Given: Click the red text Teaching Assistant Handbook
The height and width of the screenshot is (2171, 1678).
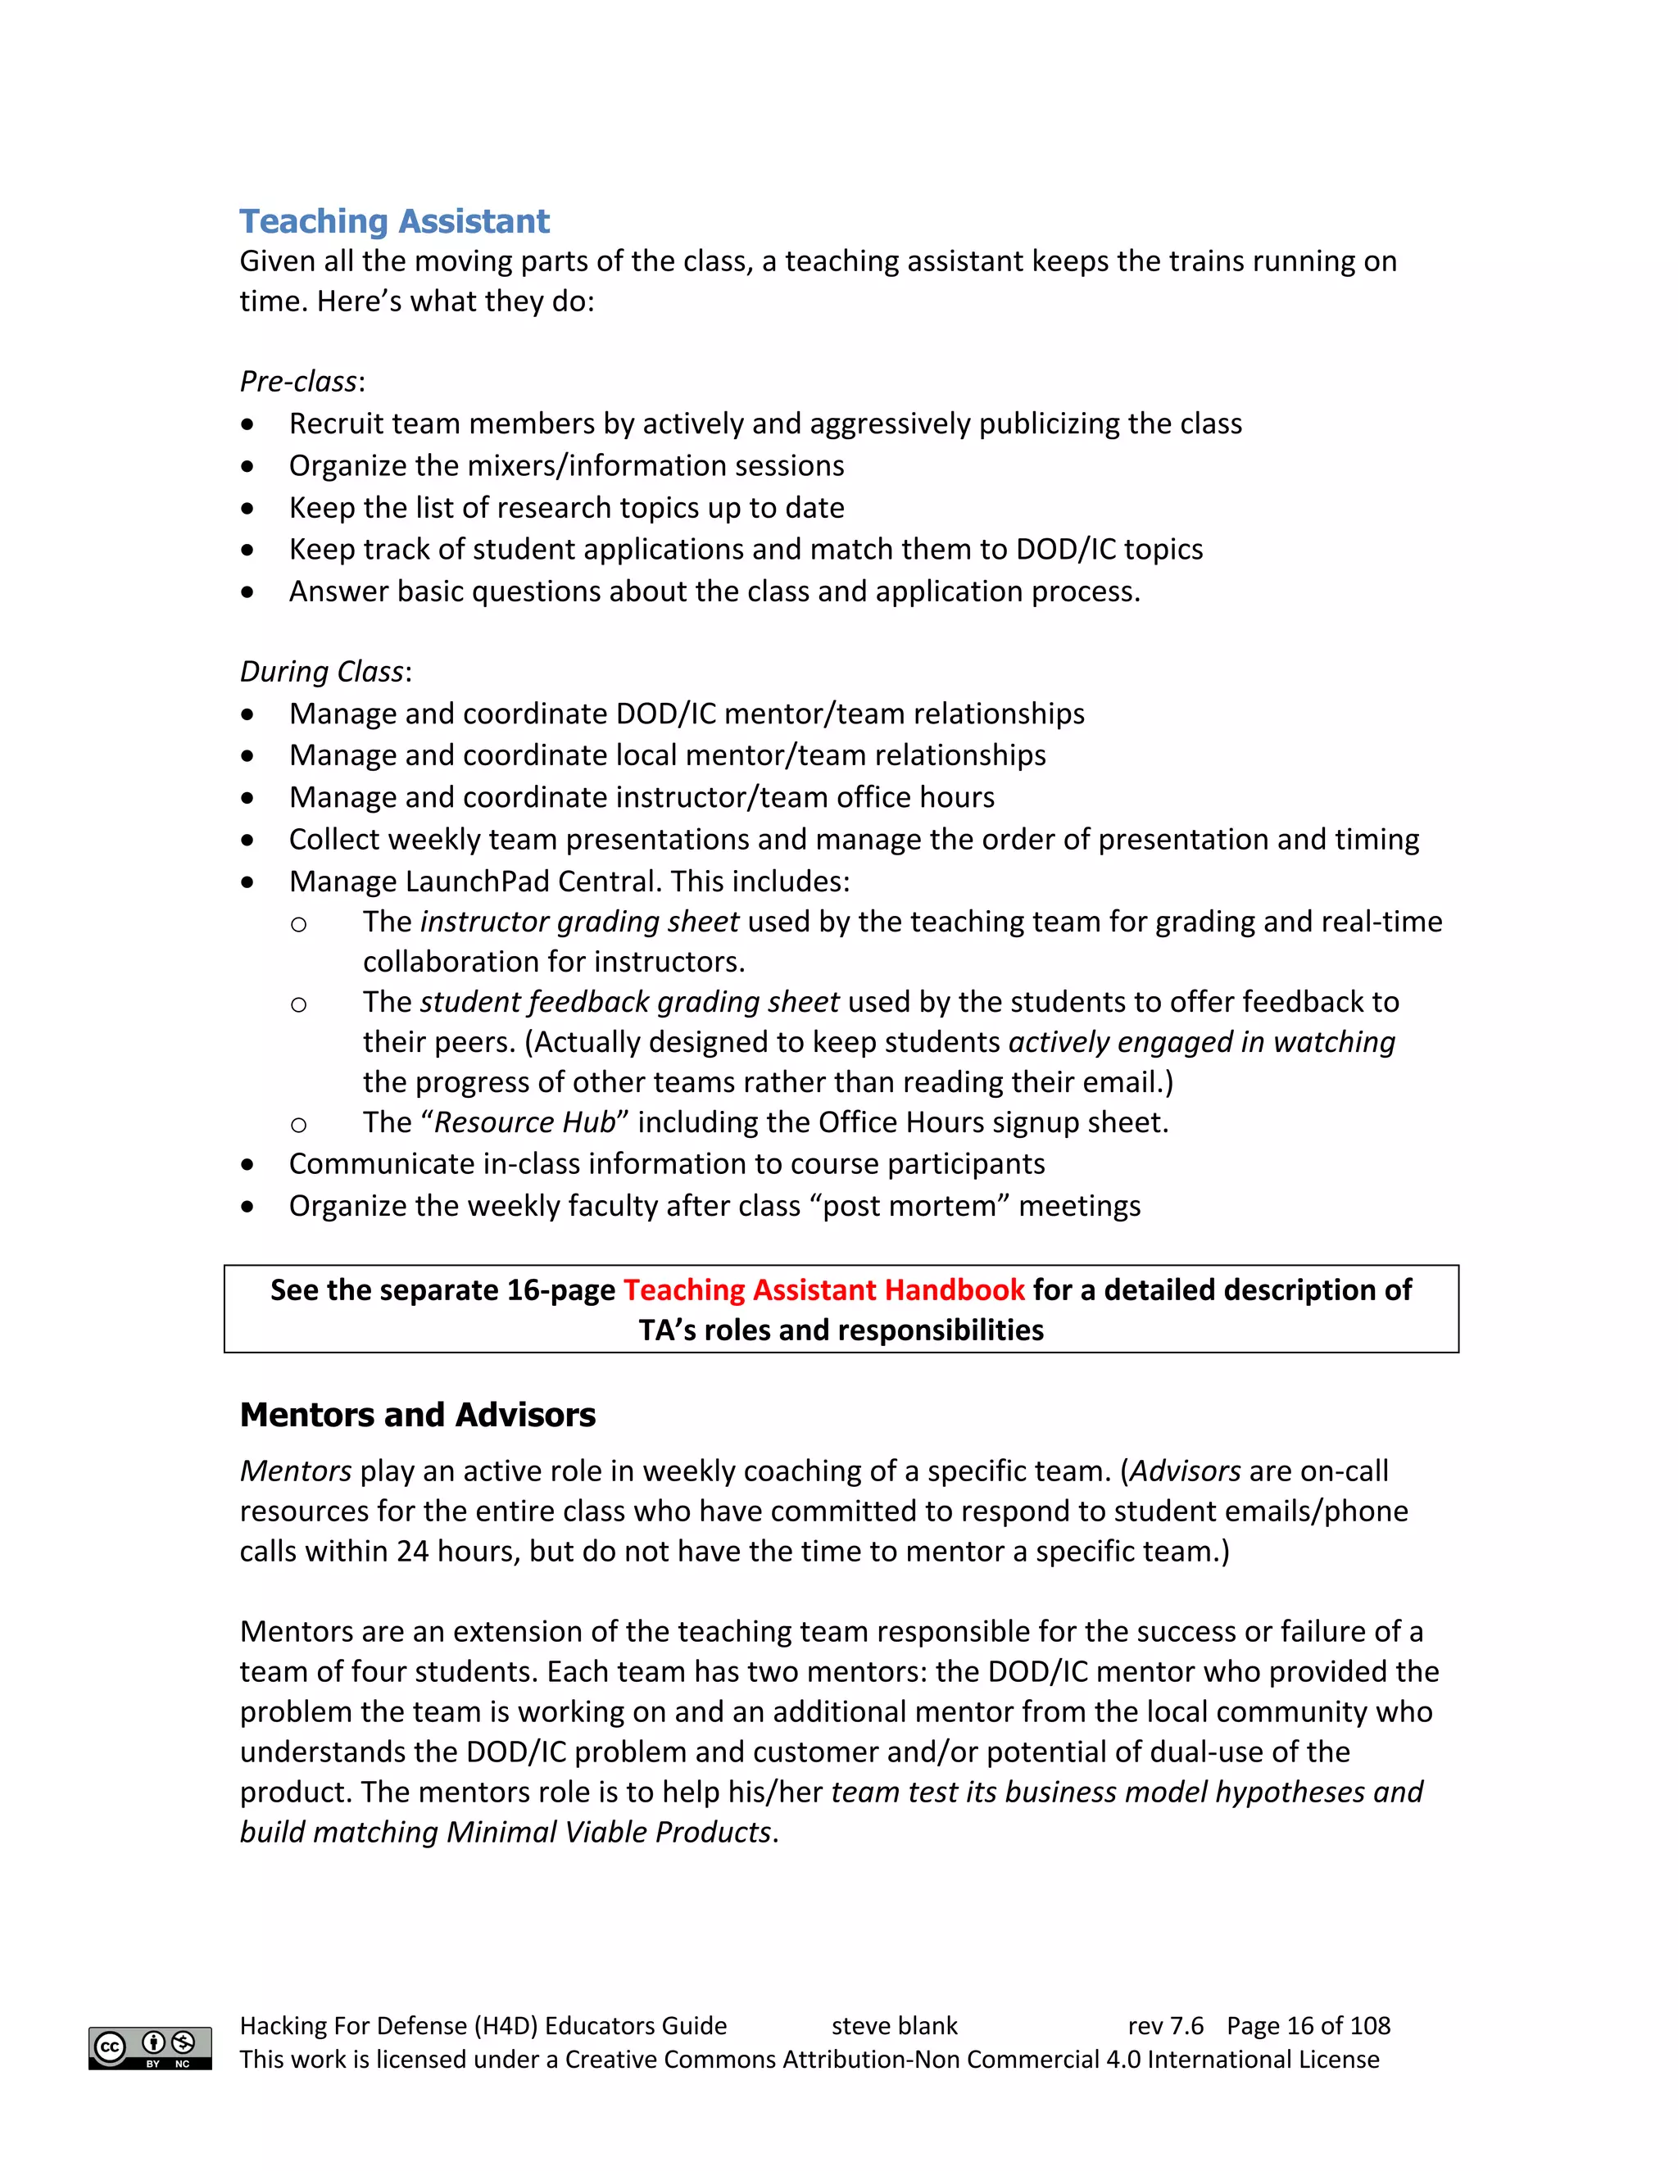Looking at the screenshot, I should [823, 1289].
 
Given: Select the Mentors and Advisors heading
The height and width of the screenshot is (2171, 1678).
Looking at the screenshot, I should [418, 1415].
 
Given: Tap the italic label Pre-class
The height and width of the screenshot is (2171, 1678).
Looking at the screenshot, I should [298, 382].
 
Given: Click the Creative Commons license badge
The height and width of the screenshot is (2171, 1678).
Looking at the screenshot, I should [150, 2048].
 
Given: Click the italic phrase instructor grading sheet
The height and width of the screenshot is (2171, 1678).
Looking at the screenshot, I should [579, 922].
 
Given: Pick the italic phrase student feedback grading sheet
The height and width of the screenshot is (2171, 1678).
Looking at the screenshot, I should [630, 1002].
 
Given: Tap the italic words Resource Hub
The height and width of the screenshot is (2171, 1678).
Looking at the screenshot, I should [525, 1122].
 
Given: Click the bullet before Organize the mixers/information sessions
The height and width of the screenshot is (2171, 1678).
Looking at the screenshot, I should [247, 466].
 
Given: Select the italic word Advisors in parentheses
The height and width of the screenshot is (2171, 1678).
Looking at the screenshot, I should [1185, 1471].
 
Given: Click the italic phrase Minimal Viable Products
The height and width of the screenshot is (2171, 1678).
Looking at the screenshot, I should [609, 1832].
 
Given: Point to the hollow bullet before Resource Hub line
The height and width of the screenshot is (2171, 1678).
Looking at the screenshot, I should [298, 1124].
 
